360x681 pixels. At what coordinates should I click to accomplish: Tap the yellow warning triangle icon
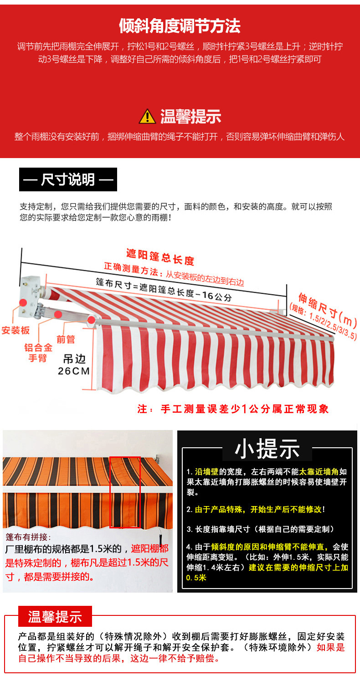click(x=147, y=117)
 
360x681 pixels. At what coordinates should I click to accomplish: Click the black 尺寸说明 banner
click(x=68, y=179)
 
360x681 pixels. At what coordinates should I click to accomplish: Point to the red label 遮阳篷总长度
click(x=160, y=257)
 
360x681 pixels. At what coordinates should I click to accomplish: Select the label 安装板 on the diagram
click(x=15, y=330)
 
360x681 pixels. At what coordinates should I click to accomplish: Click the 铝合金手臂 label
click(x=38, y=353)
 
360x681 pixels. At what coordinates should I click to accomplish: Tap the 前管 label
click(x=66, y=339)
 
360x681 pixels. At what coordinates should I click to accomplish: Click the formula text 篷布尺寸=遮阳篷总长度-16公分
click(x=164, y=290)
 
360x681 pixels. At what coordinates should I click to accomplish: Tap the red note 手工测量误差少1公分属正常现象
click(x=233, y=409)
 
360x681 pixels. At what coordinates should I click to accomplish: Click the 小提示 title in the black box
click(x=267, y=449)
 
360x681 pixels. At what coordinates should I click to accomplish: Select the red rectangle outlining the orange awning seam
click(x=124, y=492)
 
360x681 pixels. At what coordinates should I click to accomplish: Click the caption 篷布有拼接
click(x=28, y=537)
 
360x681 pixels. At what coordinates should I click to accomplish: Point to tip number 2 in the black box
click(x=256, y=509)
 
